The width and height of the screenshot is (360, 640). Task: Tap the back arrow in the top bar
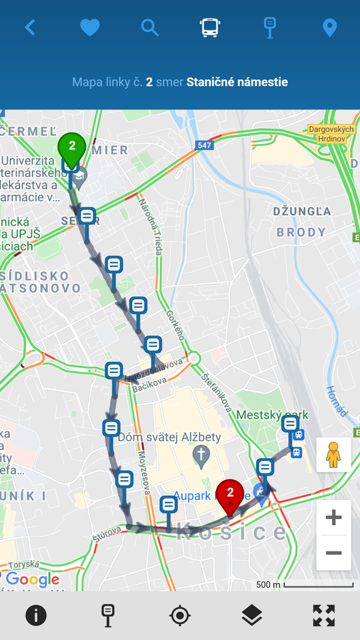(x=30, y=27)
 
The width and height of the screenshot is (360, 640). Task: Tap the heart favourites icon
(x=90, y=27)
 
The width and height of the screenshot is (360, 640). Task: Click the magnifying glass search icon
(x=150, y=27)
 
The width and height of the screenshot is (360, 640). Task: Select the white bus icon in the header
(x=210, y=27)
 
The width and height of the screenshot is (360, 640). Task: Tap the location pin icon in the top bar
(x=330, y=28)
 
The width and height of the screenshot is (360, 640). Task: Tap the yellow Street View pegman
(x=334, y=455)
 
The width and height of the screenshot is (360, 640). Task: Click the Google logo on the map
(x=32, y=580)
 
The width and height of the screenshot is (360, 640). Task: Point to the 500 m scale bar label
(x=268, y=585)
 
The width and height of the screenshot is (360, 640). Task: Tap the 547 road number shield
(x=204, y=146)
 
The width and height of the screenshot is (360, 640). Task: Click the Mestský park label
(x=272, y=415)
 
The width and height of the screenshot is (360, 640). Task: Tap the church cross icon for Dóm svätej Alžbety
(x=201, y=455)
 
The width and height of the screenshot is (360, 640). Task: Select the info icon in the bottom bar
(x=36, y=615)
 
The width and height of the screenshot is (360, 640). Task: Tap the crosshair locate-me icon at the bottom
(x=180, y=615)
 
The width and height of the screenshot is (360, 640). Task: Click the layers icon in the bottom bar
(x=252, y=615)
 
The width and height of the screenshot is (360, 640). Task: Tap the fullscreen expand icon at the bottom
(x=324, y=615)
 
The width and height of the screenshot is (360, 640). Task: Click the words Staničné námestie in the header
(x=237, y=82)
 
